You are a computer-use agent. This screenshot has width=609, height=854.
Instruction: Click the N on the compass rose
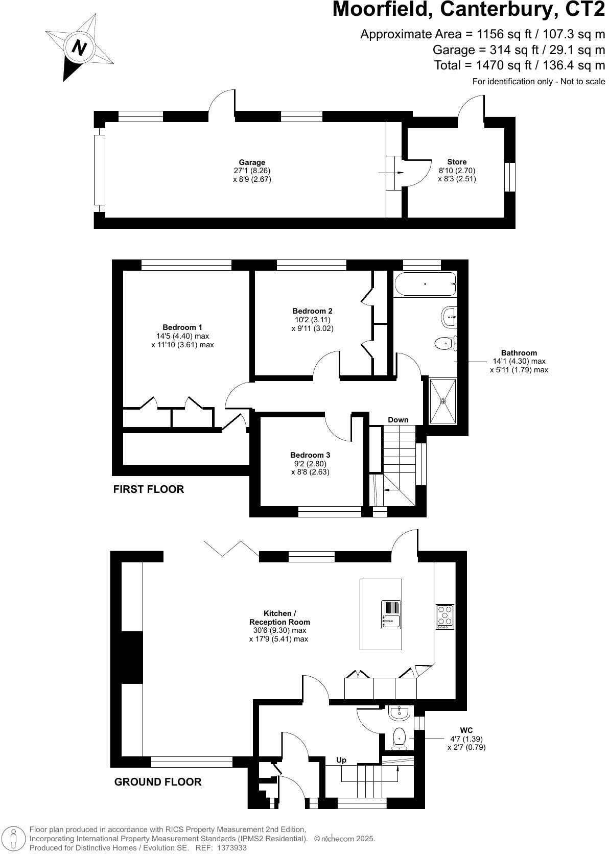[x=79, y=48]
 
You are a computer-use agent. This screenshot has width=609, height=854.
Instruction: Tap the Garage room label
[x=252, y=162]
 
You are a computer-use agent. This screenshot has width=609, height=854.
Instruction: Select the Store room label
[x=456, y=161]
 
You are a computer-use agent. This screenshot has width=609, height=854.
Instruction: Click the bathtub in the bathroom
[x=425, y=283]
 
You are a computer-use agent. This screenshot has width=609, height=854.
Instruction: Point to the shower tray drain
[x=443, y=401]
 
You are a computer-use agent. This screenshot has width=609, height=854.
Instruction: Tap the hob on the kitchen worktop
[x=445, y=617]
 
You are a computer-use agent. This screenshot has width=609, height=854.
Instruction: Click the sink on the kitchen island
[x=391, y=614]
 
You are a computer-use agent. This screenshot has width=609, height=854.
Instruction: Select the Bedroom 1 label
[x=182, y=327]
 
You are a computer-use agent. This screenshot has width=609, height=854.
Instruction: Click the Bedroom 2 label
[x=312, y=311]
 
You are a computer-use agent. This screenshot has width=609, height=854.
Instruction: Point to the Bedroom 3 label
[x=310, y=455]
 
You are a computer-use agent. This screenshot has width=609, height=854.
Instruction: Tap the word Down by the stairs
[x=398, y=420]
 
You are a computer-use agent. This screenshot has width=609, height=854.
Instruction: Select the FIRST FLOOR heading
[x=149, y=489]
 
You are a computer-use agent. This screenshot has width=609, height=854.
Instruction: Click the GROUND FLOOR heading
[x=158, y=782]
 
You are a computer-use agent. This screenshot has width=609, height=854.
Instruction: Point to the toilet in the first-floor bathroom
[x=446, y=343]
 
